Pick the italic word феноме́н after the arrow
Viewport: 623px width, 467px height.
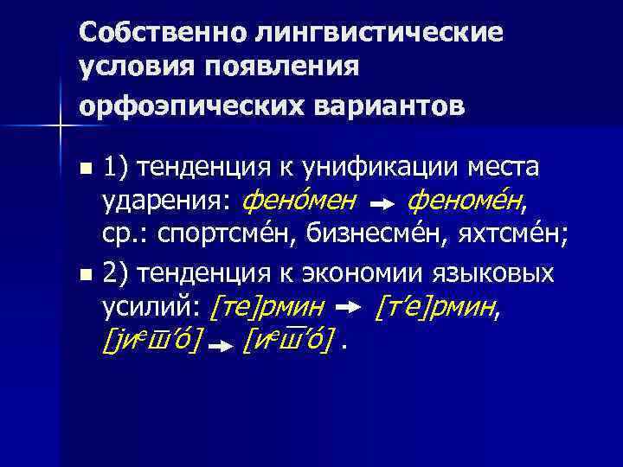coord(466,202)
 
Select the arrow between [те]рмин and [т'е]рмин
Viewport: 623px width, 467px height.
coord(348,309)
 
